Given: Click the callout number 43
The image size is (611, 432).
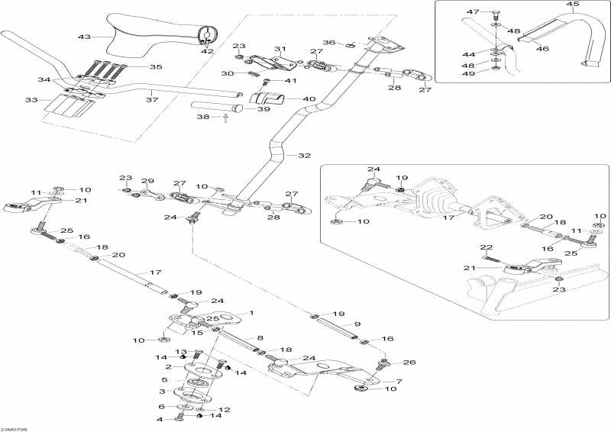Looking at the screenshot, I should click(84, 37).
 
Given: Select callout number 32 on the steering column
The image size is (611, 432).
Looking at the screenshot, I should click(305, 156).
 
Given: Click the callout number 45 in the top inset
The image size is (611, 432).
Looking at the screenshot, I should click(574, 5).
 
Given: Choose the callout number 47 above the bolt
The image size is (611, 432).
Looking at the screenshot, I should click(473, 12).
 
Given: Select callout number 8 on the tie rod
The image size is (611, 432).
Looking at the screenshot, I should click(260, 337).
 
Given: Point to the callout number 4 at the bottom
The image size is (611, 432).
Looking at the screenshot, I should click(160, 419).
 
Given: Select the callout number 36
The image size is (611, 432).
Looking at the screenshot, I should click(329, 43).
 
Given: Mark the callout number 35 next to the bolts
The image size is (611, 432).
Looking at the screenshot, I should click(155, 67).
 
